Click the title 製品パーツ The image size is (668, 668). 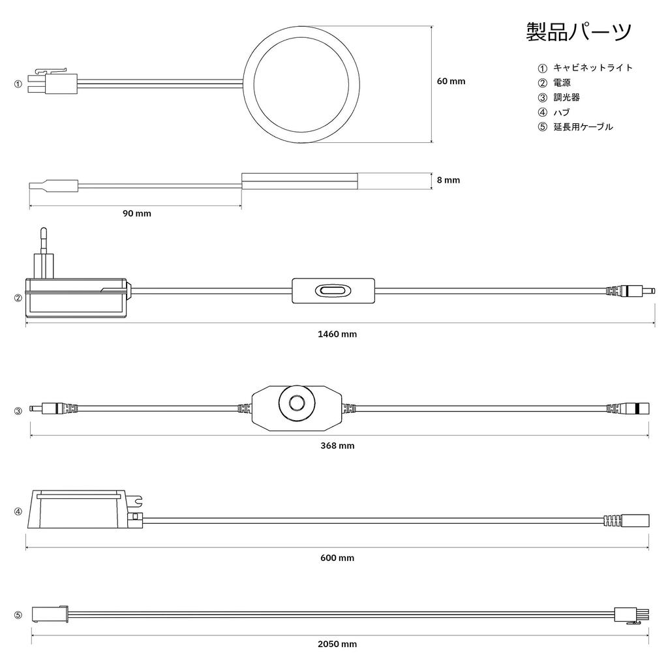point(579,32)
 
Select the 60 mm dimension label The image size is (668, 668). point(451,81)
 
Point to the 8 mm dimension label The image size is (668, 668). point(448,180)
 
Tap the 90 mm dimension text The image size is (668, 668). point(137,213)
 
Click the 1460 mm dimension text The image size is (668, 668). point(337,333)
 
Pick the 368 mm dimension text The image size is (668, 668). point(337,446)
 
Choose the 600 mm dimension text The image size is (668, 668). point(337,558)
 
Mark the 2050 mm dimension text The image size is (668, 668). point(337,644)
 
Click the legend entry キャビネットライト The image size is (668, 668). point(593,67)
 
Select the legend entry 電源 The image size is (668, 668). point(562,82)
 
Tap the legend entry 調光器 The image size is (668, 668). point(567,97)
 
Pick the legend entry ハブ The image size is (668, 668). point(562,112)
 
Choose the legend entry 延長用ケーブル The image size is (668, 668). point(583,127)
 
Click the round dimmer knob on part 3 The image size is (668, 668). point(297,402)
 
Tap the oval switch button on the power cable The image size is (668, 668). point(333,291)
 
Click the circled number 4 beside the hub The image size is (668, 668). point(18,511)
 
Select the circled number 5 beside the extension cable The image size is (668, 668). point(18,615)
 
